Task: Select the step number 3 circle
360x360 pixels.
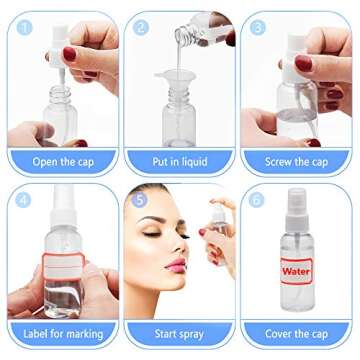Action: tap(258, 27)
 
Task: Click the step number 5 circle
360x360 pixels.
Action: tap(139, 198)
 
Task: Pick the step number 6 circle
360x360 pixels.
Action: tap(258, 198)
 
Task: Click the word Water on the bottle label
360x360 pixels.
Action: tap(296, 269)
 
